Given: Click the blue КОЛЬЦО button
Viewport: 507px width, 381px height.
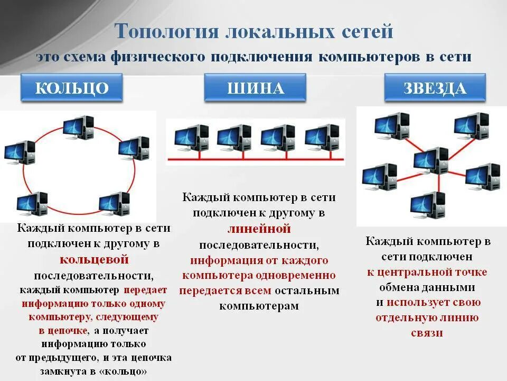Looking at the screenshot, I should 72,88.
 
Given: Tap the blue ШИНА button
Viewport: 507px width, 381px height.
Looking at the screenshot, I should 255,88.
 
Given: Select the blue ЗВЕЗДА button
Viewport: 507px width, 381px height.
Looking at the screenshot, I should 435,88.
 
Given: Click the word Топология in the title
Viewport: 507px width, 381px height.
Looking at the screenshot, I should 166,31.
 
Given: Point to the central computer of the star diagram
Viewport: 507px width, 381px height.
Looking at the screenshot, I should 430,161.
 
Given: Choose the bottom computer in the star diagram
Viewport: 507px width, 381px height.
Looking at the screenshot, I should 427,205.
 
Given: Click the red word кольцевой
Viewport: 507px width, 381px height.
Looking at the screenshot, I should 94,260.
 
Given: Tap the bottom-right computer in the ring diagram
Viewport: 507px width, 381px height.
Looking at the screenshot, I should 114,203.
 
